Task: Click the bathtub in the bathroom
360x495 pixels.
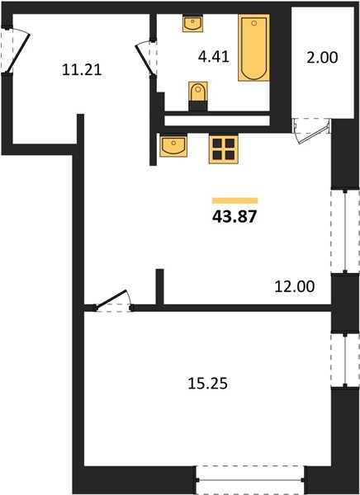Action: tap(253, 47)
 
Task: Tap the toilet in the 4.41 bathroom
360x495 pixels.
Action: tap(198, 92)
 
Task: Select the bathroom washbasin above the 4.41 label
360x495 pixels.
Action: tap(193, 23)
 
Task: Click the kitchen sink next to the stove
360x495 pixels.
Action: tap(173, 145)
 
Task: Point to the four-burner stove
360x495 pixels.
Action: tap(224, 149)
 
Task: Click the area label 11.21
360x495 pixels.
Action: tap(82, 69)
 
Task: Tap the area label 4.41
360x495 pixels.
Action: tap(214, 57)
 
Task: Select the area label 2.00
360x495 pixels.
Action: tap(322, 58)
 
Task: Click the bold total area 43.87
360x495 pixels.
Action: tap(234, 217)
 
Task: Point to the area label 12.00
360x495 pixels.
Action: tap(295, 286)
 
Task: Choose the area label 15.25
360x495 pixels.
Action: tap(207, 384)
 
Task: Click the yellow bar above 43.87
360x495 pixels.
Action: tap(234, 200)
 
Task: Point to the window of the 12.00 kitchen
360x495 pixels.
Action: tap(345, 232)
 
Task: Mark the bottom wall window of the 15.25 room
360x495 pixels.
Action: tap(250, 480)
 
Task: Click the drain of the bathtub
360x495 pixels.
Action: tap(254, 23)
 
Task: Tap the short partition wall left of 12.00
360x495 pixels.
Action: tap(160, 287)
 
